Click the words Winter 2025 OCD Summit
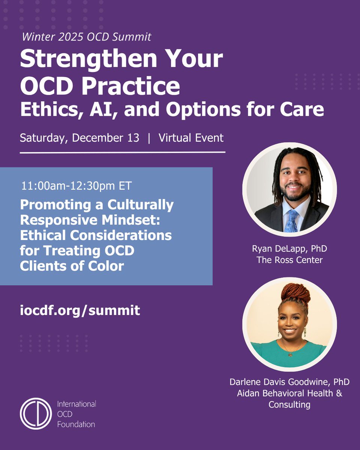tap(86, 37)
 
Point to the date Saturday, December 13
tap(79, 138)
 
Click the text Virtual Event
tap(191, 138)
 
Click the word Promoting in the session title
tap(52, 205)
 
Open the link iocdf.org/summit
tap(80, 310)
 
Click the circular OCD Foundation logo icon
tap(36, 414)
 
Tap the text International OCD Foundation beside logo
tap(76, 414)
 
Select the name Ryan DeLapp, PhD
tap(289, 249)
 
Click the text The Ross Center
tap(289, 260)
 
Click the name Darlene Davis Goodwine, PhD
tap(289, 382)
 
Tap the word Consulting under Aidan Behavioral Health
tap(289, 405)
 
